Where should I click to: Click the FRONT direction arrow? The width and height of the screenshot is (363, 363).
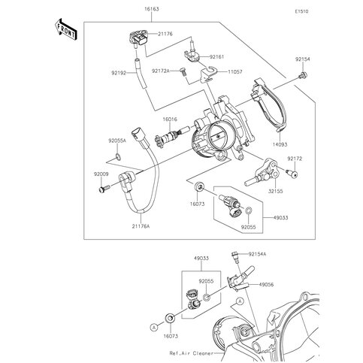point(65,29)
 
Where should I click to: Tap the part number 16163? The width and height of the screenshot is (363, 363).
point(152,9)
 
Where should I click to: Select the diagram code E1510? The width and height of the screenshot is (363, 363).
point(301,11)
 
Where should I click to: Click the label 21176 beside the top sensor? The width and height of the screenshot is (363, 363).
point(165,34)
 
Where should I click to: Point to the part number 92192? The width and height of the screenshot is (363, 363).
point(119,73)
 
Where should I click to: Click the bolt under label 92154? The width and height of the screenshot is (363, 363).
point(304,75)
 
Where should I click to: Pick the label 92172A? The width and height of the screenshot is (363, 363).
point(161,71)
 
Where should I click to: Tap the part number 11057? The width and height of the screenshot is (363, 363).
point(235,71)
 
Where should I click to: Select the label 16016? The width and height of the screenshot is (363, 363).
point(170,119)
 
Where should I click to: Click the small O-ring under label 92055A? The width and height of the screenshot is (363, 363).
point(119,157)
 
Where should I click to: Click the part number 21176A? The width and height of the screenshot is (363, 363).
point(141,226)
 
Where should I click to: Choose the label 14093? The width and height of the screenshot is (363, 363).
point(280,144)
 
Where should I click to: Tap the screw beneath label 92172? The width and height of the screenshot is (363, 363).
point(292,173)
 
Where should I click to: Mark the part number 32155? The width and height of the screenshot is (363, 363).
point(276,192)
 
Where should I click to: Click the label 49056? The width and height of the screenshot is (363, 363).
point(266,285)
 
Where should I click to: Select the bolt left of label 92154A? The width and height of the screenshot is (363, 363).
point(235,256)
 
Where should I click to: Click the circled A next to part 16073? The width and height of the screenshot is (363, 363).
point(155,326)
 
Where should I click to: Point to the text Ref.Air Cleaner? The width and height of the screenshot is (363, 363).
point(191,353)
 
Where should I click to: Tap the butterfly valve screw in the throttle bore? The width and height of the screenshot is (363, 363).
point(219,136)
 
